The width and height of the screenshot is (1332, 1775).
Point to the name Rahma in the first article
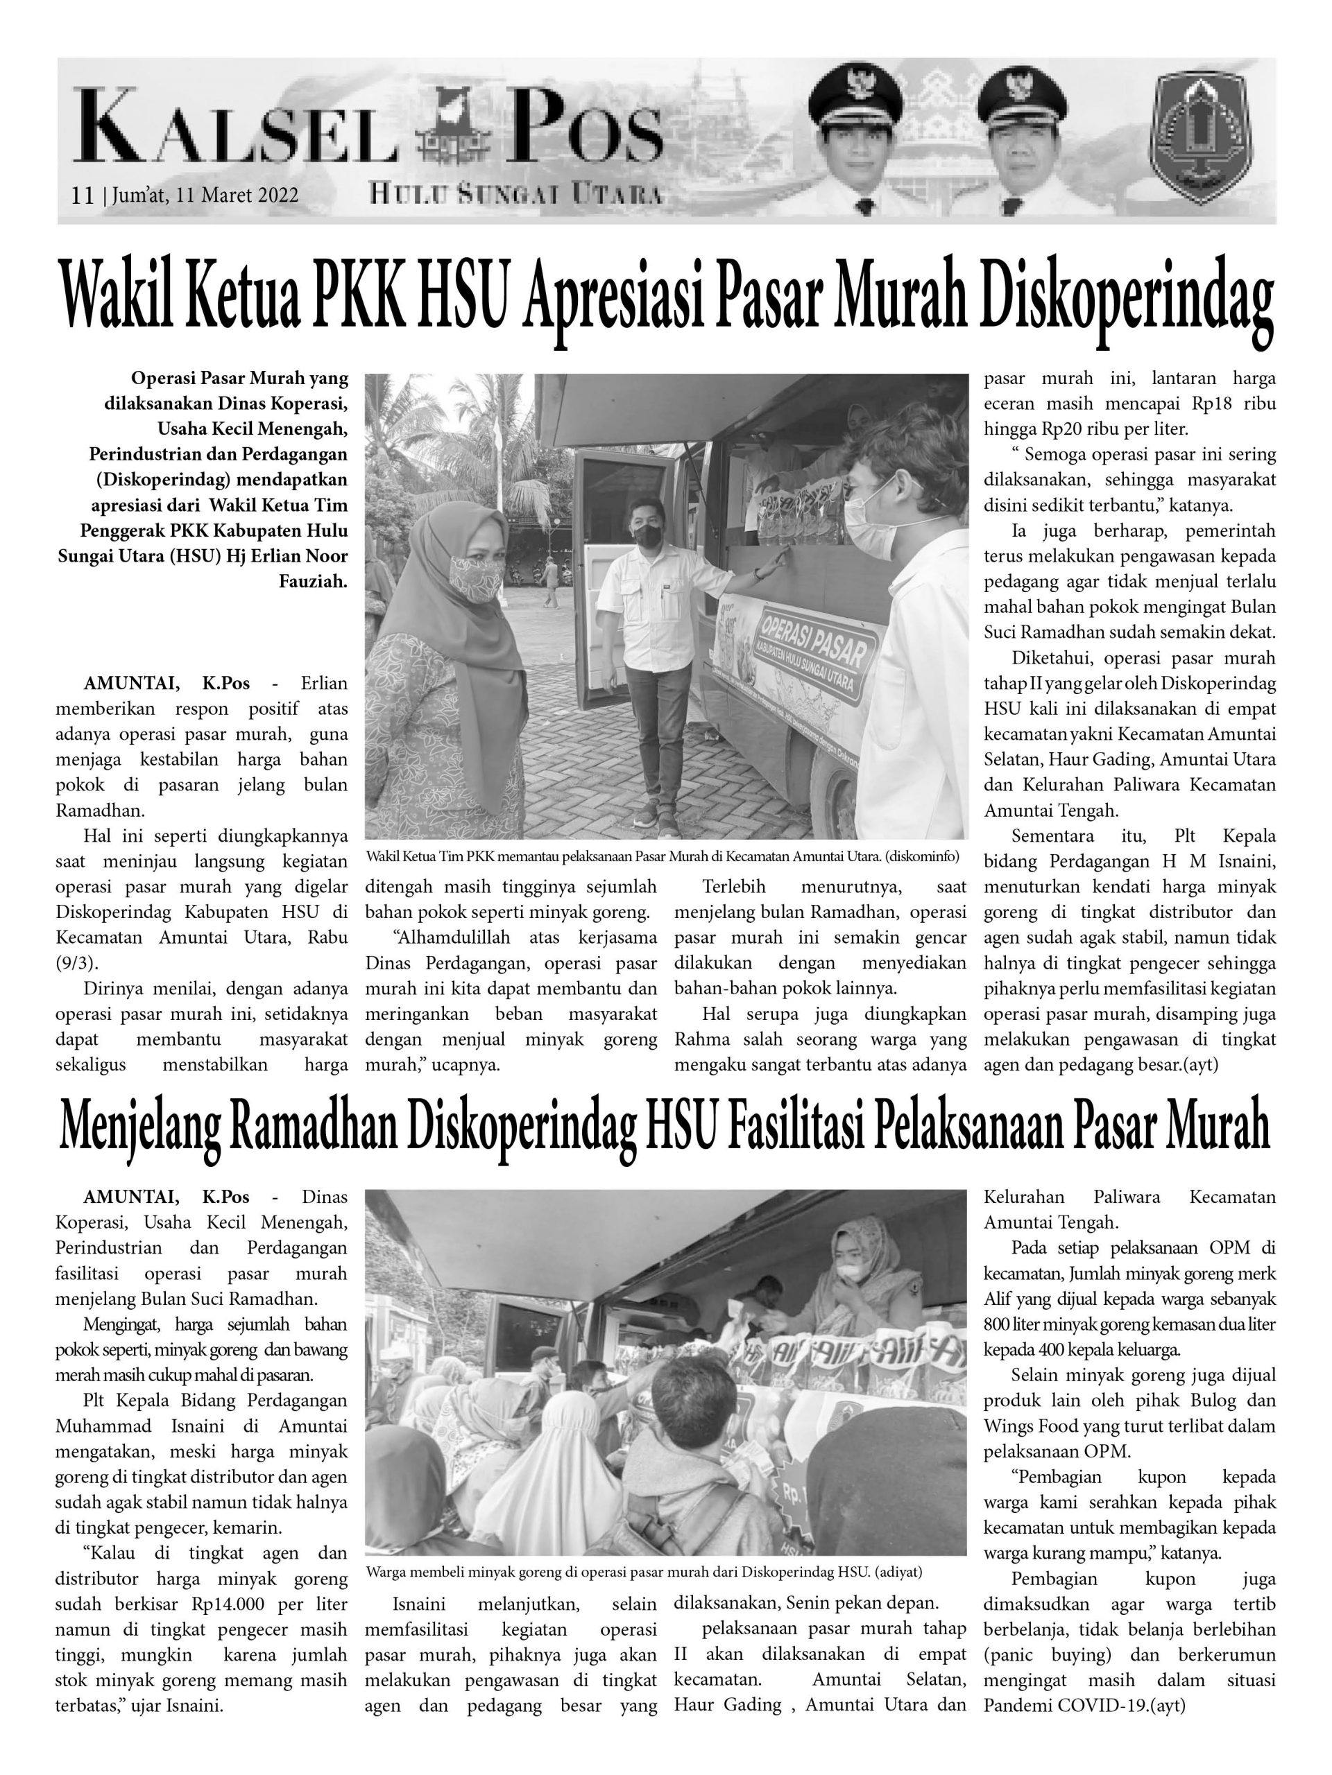coord(703,1040)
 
